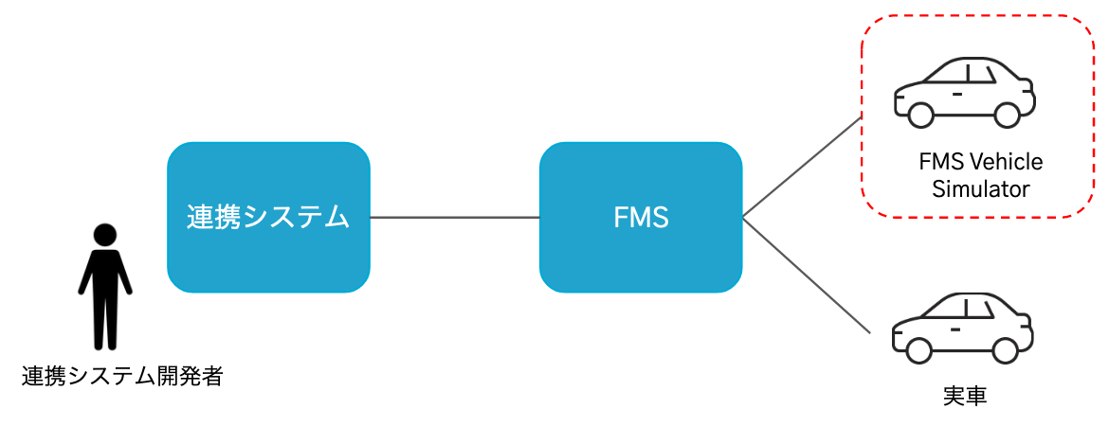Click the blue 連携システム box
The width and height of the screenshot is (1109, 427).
[x=268, y=217]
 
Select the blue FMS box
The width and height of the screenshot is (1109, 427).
[x=641, y=217]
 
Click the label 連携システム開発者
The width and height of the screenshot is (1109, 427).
[x=122, y=377]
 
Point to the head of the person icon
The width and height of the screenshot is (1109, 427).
[x=105, y=234]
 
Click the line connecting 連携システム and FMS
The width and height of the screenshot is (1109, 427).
[x=455, y=218]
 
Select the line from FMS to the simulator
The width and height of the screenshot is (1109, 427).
[x=802, y=168]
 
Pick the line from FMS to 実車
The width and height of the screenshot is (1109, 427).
[x=806, y=275]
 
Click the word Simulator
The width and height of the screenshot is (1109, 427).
[x=980, y=188]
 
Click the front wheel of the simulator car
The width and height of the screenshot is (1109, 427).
[x=919, y=115]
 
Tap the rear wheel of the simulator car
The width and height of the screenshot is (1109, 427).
[x=1007, y=115]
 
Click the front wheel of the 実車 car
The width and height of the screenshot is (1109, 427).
[x=919, y=349]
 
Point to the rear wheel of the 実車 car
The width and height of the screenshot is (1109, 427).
[x=1007, y=349]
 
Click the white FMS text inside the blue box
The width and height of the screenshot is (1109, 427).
[x=641, y=218]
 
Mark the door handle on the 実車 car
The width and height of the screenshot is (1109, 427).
[x=957, y=329]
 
